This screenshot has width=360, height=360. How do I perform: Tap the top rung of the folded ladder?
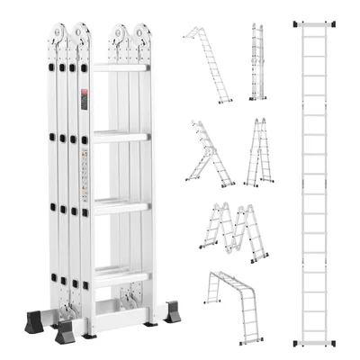[x=119, y=68]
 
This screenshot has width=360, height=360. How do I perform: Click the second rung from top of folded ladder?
[x=119, y=137]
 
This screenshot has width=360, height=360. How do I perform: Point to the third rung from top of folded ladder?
[x=119, y=204]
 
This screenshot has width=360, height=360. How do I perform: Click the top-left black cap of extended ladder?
[x=297, y=20]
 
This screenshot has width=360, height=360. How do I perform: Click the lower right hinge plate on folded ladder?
[x=133, y=292]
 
